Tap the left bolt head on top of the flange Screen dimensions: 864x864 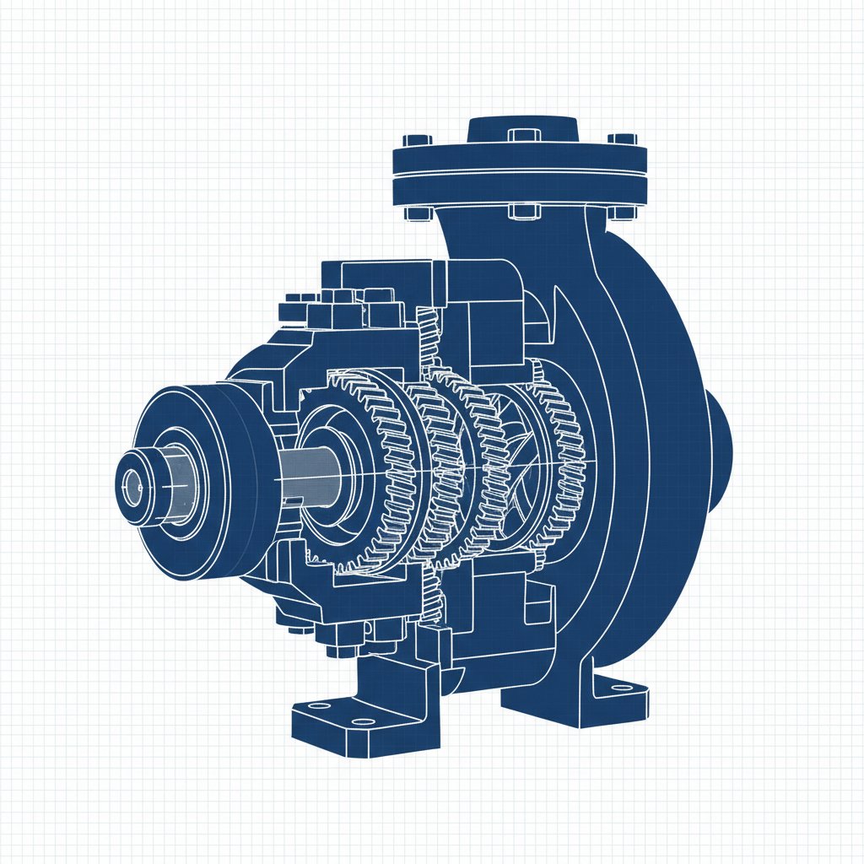(x=417, y=140)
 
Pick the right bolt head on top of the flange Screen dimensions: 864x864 (x=623, y=139)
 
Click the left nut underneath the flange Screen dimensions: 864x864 (x=417, y=213)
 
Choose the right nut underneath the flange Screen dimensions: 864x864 (x=623, y=212)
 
